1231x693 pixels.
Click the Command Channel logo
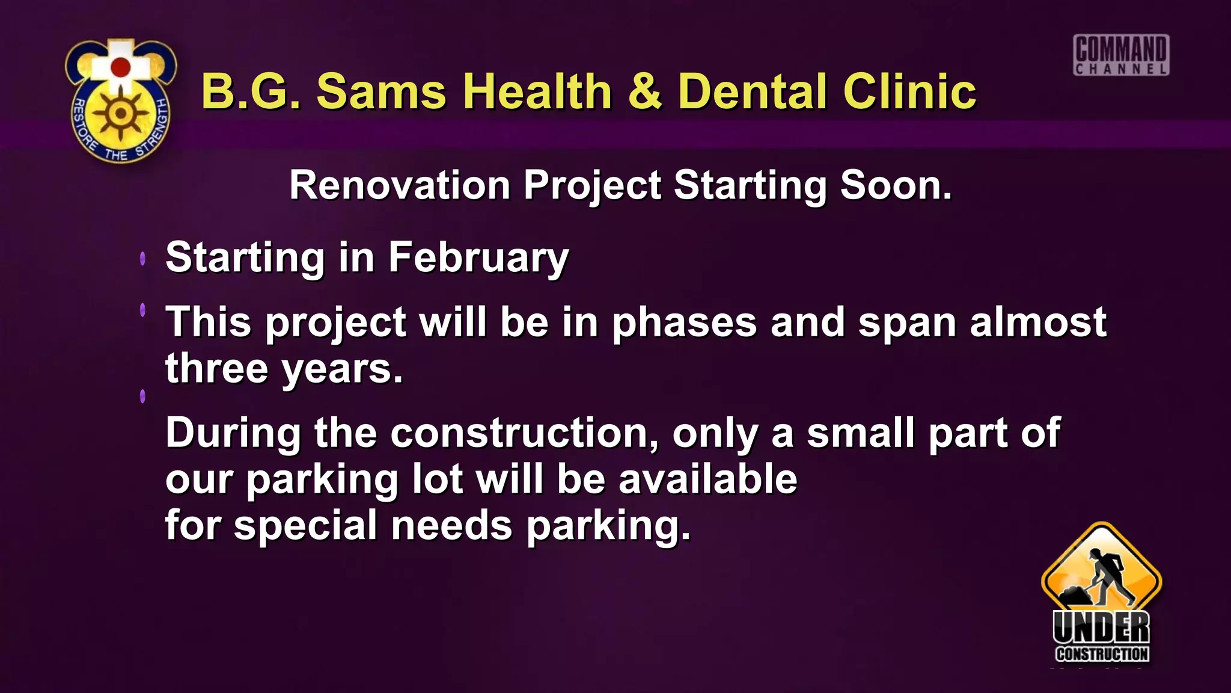(1121, 55)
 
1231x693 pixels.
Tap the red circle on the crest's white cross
(121, 67)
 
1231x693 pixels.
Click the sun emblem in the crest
(121, 113)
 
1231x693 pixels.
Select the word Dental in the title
(754, 91)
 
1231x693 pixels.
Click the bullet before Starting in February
(142, 259)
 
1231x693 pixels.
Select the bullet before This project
(142, 310)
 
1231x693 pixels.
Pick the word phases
(684, 324)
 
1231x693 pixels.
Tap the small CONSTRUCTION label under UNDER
(1102, 654)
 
